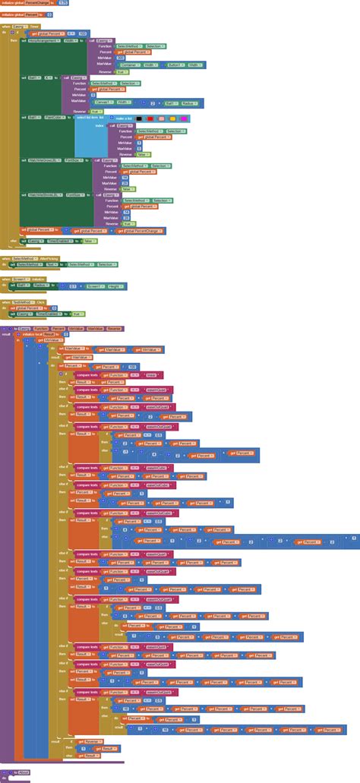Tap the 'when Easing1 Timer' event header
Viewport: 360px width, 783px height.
(20, 26)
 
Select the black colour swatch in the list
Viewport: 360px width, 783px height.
(141, 118)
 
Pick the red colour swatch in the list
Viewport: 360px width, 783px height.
(151, 118)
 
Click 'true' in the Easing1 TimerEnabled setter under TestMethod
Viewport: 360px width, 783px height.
(76, 314)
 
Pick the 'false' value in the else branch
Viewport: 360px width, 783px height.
(89, 240)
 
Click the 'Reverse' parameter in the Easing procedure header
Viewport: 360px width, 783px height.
(114, 328)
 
